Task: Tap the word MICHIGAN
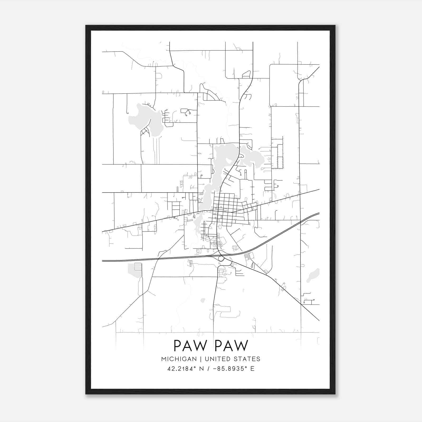click(179, 359)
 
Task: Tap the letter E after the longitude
click(252, 369)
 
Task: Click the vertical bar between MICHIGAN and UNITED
click(201, 359)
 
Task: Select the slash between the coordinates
click(208, 369)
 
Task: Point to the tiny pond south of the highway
click(203, 300)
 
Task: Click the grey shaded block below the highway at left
click(135, 269)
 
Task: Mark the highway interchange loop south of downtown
click(222, 259)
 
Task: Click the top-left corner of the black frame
click(86, 26)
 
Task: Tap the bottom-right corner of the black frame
click(335, 394)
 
